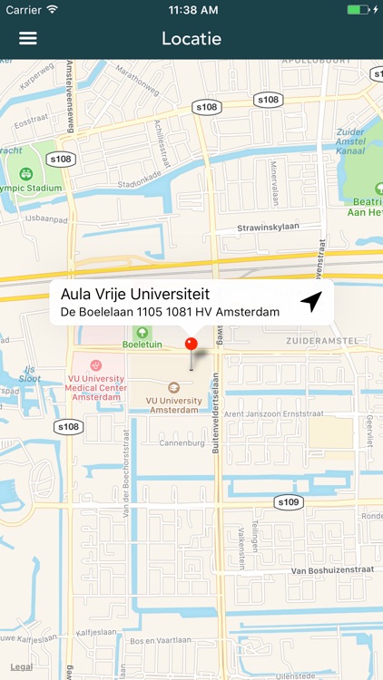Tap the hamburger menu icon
(x=28, y=39)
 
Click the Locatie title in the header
(x=191, y=39)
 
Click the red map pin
(x=191, y=345)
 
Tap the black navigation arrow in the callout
(x=311, y=302)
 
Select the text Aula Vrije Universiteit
(x=135, y=294)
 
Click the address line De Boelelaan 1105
(x=170, y=312)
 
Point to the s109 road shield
(x=288, y=501)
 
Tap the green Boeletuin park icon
(x=142, y=333)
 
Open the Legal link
(x=22, y=666)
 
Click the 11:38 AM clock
(x=191, y=9)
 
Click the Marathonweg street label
(x=136, y=82)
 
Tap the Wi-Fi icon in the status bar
(x=52, y=9)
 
